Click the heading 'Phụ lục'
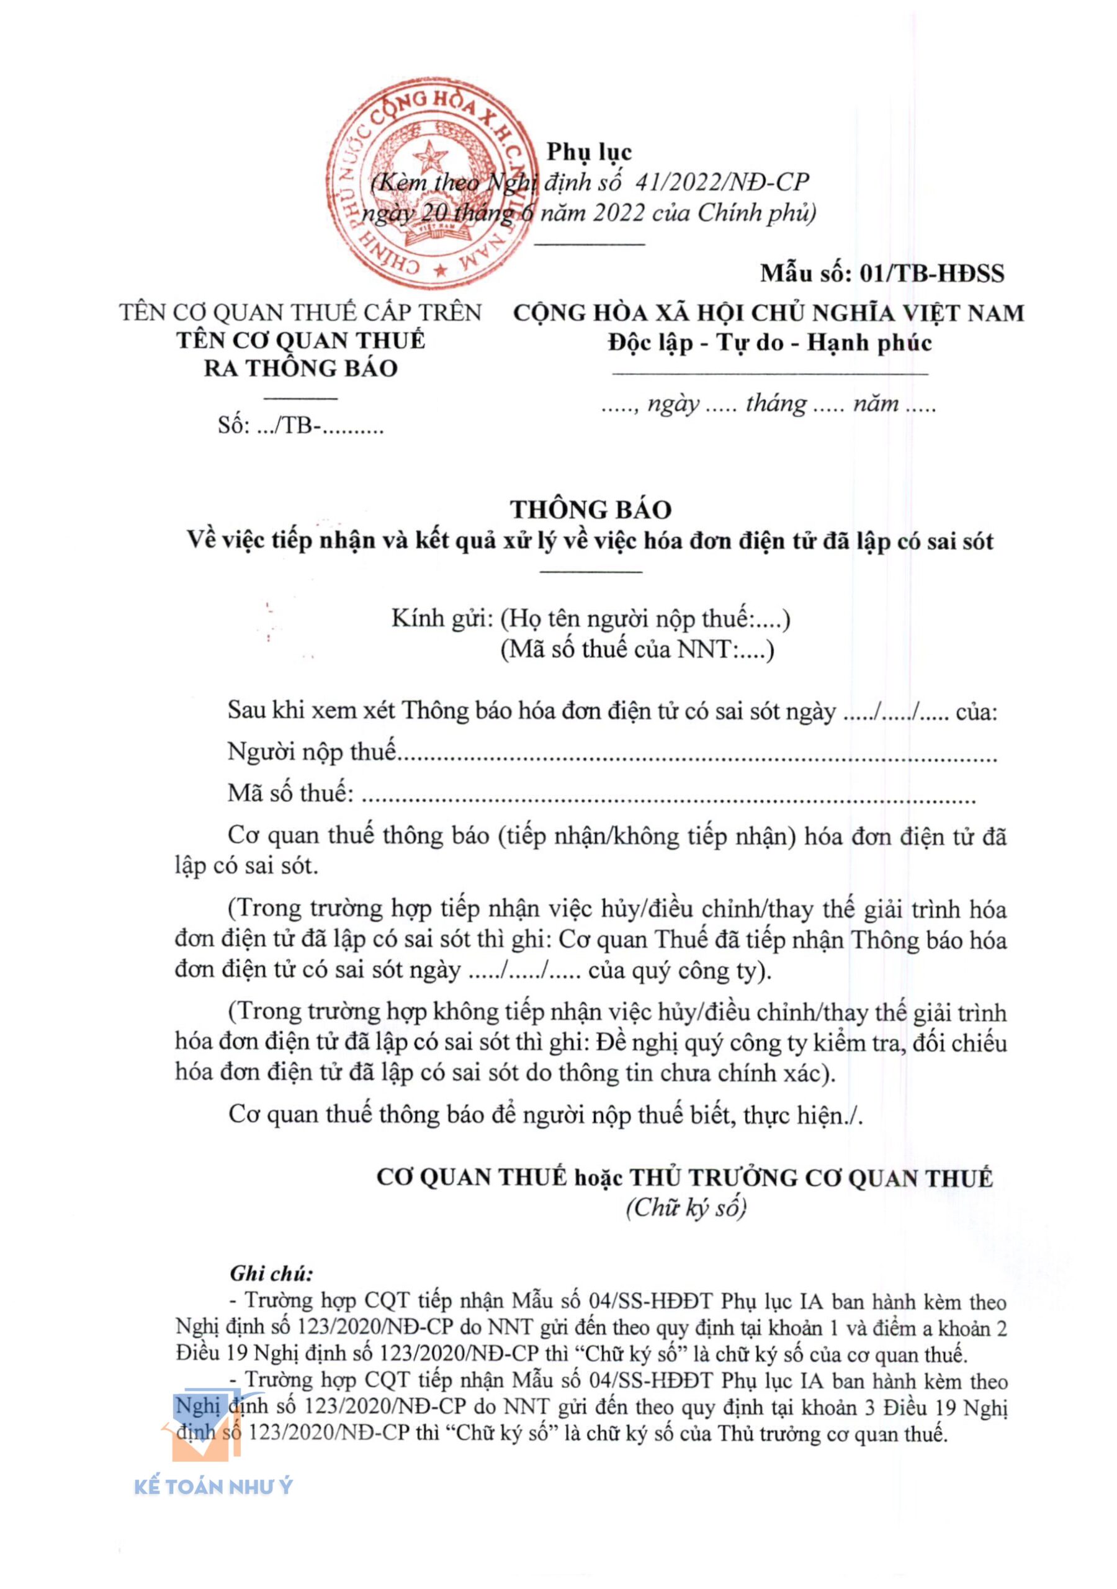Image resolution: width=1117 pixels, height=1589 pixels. pyautogui.click(x=589, y=151)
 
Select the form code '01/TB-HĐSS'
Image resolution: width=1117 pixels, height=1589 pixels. pyautogui.click(x=931, y=273)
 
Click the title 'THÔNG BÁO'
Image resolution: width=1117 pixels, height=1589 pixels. pyautogui.click(x=590, y=510)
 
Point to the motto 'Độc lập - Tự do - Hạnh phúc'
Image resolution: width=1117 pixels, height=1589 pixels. pyautogui.click(x=769, y=343)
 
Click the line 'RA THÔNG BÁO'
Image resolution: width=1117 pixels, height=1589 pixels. pyautogui.click(x=300, y=368)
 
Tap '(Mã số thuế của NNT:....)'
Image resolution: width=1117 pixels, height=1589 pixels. pyautogui.click(x=637, y=649)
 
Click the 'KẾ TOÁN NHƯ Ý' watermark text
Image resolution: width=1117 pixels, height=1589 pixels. pyautogui.click(x=213, y=1487)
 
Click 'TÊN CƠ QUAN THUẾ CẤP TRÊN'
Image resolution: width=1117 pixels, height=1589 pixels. pyautogui.click(x=300, y=313)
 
